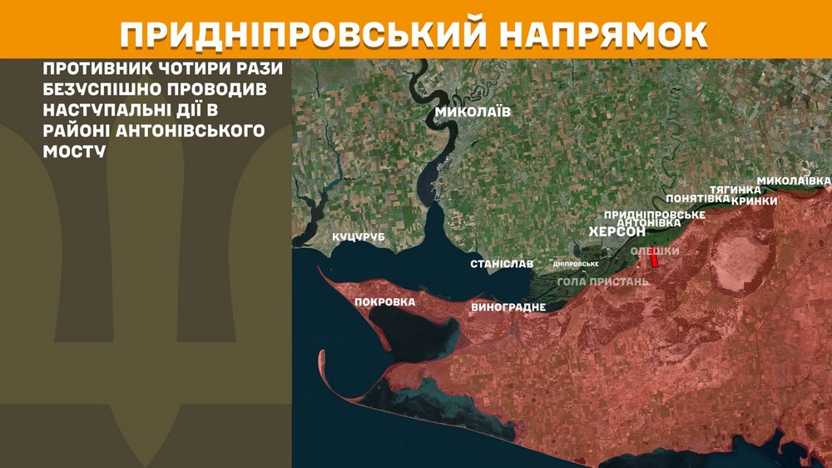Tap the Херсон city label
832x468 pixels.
(617, 232)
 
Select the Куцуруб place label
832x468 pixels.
(359, 237)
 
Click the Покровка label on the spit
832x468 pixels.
(384, 301)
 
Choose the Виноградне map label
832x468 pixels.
(508, 306)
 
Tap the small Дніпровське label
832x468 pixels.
(576, 264)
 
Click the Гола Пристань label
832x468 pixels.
(602, 281)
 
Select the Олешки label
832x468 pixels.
(655, 251)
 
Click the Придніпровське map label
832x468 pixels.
(655, 214)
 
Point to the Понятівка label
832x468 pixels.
(698, 199)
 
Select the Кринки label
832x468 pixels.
(755, 201)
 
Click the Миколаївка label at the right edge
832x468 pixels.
(794, 181)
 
